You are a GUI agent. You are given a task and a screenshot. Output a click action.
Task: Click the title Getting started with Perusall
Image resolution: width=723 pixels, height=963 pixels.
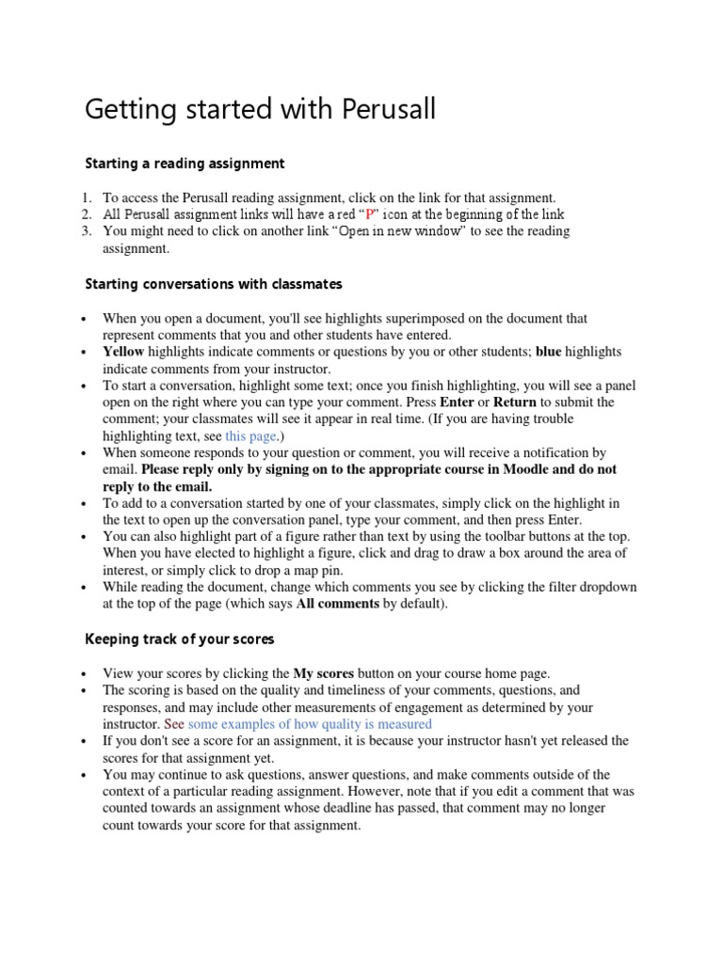pyautogui.click(x=261, y=111)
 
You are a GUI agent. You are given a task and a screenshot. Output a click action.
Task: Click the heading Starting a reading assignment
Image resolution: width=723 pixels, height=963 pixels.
pyautogui.click(x=185, y=164)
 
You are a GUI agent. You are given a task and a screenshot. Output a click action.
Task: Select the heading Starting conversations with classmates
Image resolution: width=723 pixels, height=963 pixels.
pyautogui.click(x=214, y=283)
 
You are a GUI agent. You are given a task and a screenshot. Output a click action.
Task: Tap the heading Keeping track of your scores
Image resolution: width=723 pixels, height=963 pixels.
pyautogui.click(x=180, y=639)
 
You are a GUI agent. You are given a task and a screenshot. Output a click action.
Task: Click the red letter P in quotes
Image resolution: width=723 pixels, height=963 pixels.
pyautogui.click(x=369, y=214)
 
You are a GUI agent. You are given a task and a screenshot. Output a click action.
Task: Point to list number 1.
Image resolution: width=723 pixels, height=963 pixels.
pyautogui.click(x=85, y=197)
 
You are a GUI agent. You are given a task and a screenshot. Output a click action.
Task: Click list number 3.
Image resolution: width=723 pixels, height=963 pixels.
pyautogui.click(x=85, y=231)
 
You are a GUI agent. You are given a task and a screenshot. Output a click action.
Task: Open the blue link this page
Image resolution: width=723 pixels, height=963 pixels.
pyautogui.click(x=251, y=435)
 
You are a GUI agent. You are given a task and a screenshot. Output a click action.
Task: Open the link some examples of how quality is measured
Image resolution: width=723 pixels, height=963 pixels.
pyautogui.click(x=310, y=723)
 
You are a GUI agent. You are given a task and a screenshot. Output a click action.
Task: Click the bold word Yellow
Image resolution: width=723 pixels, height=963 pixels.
pyautogui.click(x=123, y=352)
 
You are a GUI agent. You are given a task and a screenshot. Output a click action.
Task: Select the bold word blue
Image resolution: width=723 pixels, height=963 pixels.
pyautogui.click(x=548, y=352)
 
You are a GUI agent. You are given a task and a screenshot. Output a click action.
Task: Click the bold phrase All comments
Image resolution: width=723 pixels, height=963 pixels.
pyautogui.click(x=338, y=604)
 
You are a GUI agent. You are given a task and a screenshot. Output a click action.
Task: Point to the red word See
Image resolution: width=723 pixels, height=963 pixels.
pyautogui.click(x=174, y=723)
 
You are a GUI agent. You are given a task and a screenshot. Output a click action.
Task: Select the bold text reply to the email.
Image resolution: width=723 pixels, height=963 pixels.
pyautogui.click(x=157, y=486)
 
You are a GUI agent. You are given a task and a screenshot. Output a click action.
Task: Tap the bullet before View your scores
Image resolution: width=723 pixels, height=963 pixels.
pyautogui.click(x=86, y=674)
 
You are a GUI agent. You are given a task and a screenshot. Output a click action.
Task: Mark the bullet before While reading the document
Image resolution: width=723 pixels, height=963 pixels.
pyautogui.click(x=86, y=588)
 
